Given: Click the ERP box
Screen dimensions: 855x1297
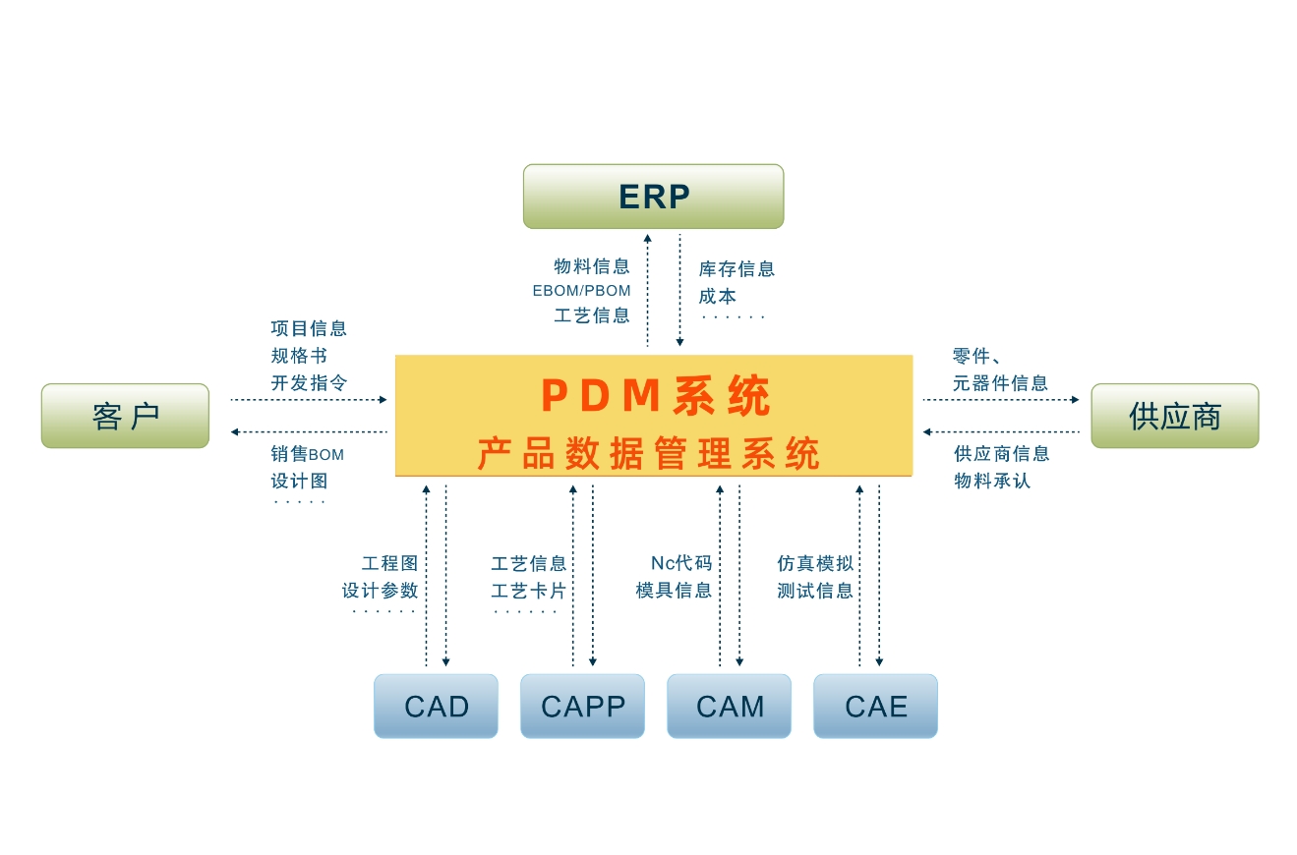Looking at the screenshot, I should (653, 197).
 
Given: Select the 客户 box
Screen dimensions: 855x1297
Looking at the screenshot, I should (125, 416).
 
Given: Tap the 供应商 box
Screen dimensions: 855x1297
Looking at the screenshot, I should (1174, 416).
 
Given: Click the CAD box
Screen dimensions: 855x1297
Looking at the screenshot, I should (436, 706).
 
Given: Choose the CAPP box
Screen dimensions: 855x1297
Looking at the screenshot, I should (582, 706).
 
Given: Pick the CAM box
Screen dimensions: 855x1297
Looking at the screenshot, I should (729, 706).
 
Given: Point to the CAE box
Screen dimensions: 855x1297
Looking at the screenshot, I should (875, 706).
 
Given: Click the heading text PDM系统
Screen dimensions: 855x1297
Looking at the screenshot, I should (655, 396).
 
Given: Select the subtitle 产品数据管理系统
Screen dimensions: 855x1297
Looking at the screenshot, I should (648, 454).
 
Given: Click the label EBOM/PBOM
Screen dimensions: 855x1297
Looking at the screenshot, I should (581, 291).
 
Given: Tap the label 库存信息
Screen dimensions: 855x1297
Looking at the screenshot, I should (737, 268).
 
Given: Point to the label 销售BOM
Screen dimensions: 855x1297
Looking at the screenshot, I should (307, 454).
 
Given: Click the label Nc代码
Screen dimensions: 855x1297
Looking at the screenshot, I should (680, 563).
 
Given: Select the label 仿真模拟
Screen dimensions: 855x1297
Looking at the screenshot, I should (814, 563).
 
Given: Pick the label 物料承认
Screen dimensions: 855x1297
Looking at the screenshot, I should (991, 481).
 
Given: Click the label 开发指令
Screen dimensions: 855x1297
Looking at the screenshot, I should (309, 382).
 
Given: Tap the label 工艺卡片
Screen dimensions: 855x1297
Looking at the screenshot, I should (528, 591).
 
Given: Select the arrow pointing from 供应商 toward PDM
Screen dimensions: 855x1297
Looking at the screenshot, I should (1001, 431).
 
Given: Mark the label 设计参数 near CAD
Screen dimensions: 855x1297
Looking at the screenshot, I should (380, 591).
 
